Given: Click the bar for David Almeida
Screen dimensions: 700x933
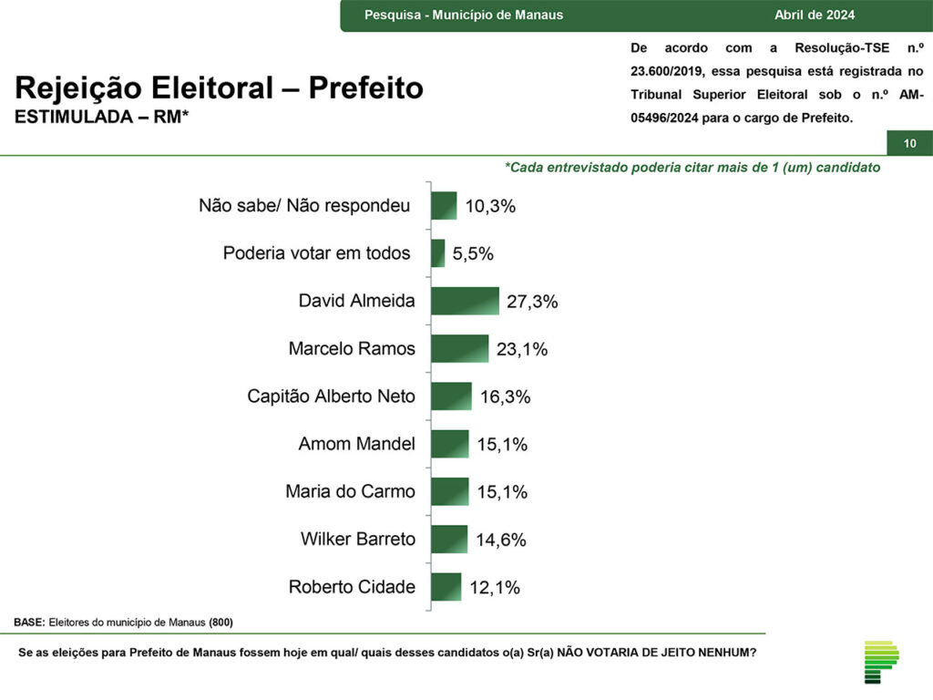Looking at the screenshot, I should point(465,301).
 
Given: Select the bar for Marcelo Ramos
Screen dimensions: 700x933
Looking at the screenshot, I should point(459,348).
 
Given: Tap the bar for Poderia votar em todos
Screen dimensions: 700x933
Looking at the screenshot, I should point(437,253).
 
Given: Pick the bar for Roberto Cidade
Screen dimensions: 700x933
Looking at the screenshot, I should point(446,587).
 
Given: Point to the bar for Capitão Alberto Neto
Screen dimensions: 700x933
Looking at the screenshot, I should point(451,396).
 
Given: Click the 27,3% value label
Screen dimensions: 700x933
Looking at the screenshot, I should point(532,302).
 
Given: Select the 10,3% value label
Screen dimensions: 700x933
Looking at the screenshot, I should point(490,206).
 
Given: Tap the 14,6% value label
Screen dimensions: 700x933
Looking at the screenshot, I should point(501,540).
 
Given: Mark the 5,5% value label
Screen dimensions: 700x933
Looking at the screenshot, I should point(472,254).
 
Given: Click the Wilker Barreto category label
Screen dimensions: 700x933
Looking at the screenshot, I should point(357,539).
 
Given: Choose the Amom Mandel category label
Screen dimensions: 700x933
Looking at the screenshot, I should point(356,444).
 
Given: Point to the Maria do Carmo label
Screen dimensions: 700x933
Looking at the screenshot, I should point(350,491).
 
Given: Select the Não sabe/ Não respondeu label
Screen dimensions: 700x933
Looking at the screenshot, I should point(304,206).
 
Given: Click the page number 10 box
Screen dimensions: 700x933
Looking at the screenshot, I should point(909,143).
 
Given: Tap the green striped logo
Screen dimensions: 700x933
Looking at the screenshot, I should point(881,662).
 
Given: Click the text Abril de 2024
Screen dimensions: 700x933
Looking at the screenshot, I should point(815,15).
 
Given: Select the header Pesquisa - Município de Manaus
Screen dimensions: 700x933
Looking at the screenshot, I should point(463,15).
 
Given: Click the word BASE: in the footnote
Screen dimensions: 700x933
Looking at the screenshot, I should point(29,622).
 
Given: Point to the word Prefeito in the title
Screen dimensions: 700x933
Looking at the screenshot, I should point(365,88).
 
